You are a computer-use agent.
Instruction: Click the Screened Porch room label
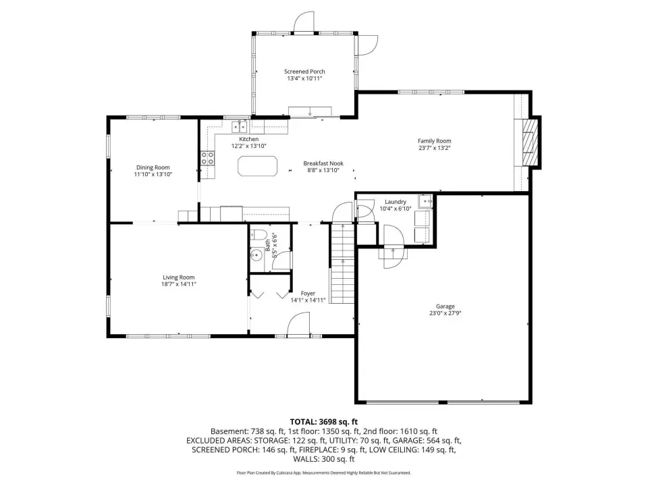304,72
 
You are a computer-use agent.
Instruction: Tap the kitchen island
257,166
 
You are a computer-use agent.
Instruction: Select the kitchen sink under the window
239,126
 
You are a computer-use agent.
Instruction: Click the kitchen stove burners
207,158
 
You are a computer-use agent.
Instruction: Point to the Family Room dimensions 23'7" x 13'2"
434,148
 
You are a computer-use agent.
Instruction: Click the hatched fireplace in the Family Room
531,142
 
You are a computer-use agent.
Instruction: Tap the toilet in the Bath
258,235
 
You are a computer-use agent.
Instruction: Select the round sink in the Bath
256,255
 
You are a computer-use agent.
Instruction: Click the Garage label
445,306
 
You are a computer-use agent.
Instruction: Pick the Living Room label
178,277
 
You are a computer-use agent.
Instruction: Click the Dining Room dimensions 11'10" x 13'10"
153,174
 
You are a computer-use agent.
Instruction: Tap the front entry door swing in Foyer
298,324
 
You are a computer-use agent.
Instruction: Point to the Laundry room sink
425,201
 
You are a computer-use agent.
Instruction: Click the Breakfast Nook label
323,163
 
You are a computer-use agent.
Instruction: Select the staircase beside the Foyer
342,263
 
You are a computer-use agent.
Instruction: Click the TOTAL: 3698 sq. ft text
323,422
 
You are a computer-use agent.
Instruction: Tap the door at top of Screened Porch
304,22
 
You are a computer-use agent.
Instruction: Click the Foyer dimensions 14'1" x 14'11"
308,300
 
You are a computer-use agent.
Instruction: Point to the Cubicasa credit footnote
323,473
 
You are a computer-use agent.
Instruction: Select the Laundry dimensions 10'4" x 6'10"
396,209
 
